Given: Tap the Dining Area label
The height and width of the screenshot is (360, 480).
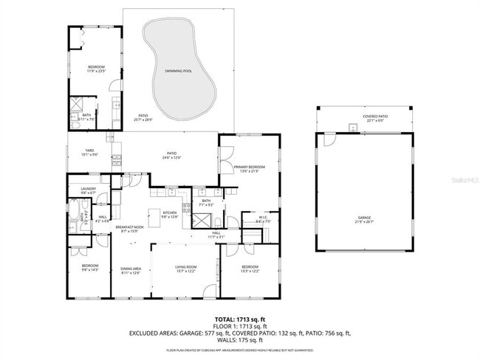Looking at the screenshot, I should click(x=131, y=271).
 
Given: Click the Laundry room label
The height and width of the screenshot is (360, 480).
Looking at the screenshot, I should click(x=89, y=190).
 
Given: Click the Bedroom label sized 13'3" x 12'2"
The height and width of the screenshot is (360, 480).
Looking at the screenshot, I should click(x=250, y=269).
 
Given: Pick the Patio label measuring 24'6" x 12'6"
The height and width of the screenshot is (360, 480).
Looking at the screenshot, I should click(x=174, y=155).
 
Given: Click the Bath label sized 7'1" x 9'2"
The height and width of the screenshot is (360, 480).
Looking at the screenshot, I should click(x=207, y=202).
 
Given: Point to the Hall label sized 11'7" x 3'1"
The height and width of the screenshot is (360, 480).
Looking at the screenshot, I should click(x=216, y=235).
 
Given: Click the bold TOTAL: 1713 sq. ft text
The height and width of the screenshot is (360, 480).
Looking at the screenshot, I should click(x=240, y=318).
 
